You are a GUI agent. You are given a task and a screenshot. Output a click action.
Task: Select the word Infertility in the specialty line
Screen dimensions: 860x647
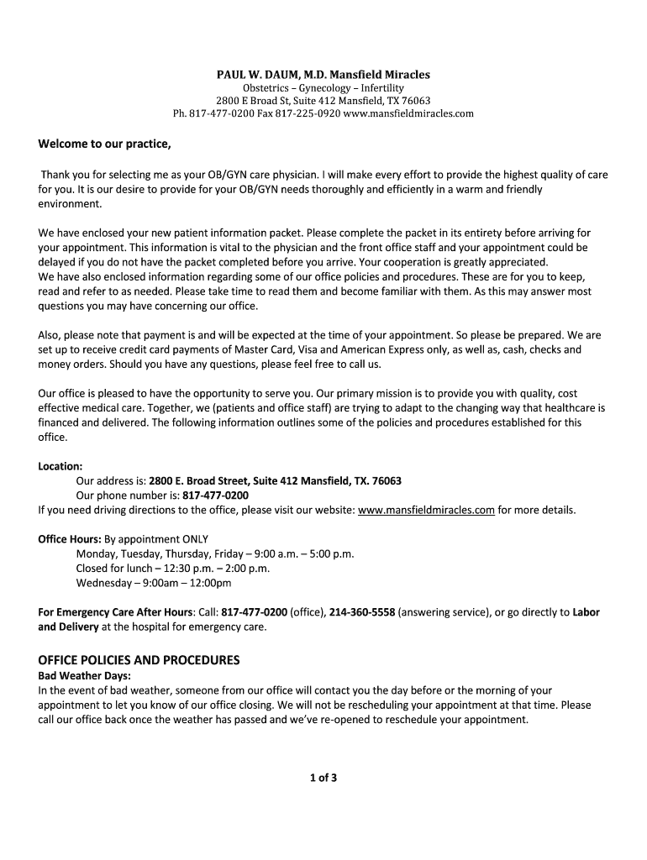point(379,88)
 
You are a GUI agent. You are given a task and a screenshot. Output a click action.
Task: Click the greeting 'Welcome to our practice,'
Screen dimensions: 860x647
point(104,144)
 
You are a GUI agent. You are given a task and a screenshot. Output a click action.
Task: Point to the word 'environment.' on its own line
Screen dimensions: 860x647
point(70,203)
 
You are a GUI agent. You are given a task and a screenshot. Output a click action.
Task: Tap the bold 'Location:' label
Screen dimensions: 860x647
point(60,465)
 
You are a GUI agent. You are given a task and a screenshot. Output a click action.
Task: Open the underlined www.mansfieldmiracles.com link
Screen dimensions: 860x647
point(426,509)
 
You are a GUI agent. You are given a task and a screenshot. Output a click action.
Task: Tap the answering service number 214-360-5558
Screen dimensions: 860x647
point(362,612)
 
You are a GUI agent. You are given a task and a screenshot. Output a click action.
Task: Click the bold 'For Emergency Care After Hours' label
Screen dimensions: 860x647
point(116,612)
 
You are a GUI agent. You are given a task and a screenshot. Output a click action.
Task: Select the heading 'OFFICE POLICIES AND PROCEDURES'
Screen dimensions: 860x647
point(139,659)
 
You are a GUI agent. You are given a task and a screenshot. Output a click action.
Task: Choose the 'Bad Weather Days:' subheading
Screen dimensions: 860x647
point(85,675)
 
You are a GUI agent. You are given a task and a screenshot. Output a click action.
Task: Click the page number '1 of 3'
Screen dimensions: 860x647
point(323,778)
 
